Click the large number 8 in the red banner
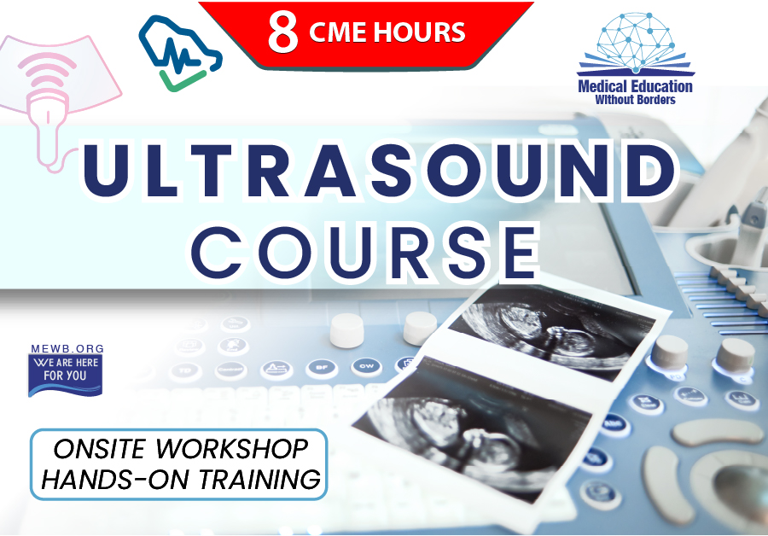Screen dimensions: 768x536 pyautogui.click(x=282, y=32)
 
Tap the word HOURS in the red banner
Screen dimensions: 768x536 pyautogui.click(x=419, y=32)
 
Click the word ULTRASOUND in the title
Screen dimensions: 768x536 pyautogui.click(x=380, y=170)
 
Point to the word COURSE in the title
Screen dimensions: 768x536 pyautogui.click(x=365, y=253)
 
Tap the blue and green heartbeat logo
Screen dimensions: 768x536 pyautogui.click(x=180, y=53)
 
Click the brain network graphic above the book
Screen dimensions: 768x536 pyautogui.click(x=635, y=37)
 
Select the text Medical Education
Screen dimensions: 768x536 pyautogui.click(x=635, y=86)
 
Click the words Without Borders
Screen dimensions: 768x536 pyautogui.click(x=635, y=100)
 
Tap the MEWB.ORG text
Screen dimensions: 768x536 pyautogui.click(x=67, y=348)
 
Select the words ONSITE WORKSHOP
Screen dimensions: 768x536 pyautogui.click(x=180, y=449)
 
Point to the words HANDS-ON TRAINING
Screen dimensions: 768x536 pyautogui.click(x=181, y=479)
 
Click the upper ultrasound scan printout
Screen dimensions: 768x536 pyautogui.click(x=552, y=329)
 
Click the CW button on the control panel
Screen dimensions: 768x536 pyautogui.click(x=366, y=366)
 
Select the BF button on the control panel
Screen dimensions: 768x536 pyautogui.click(x=322, y=368)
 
